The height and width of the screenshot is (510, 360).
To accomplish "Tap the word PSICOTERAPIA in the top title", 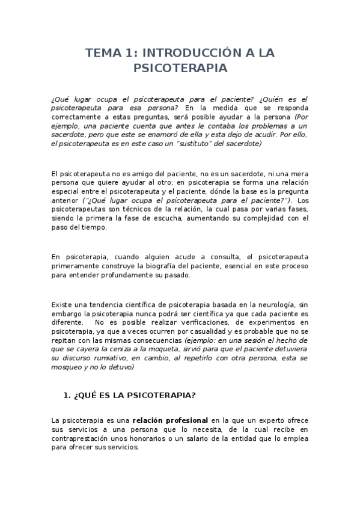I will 180,68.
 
